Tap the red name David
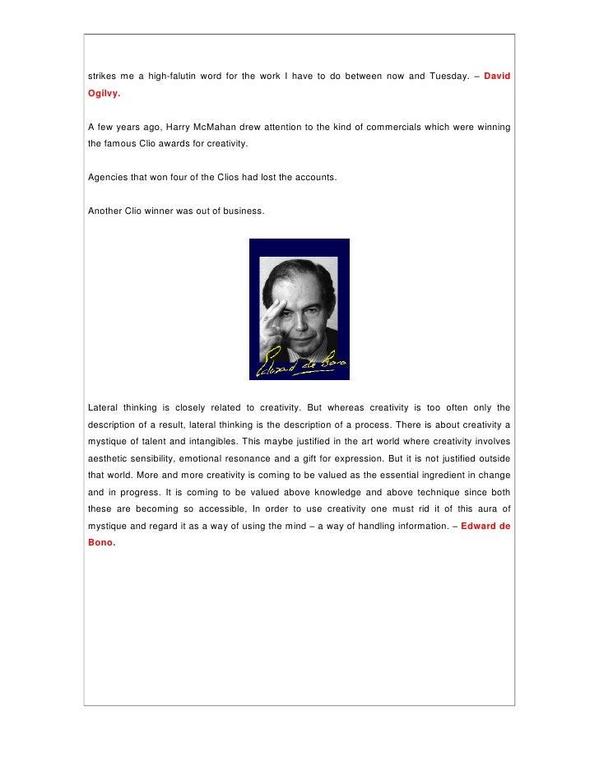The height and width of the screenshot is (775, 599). click(497, 77)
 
